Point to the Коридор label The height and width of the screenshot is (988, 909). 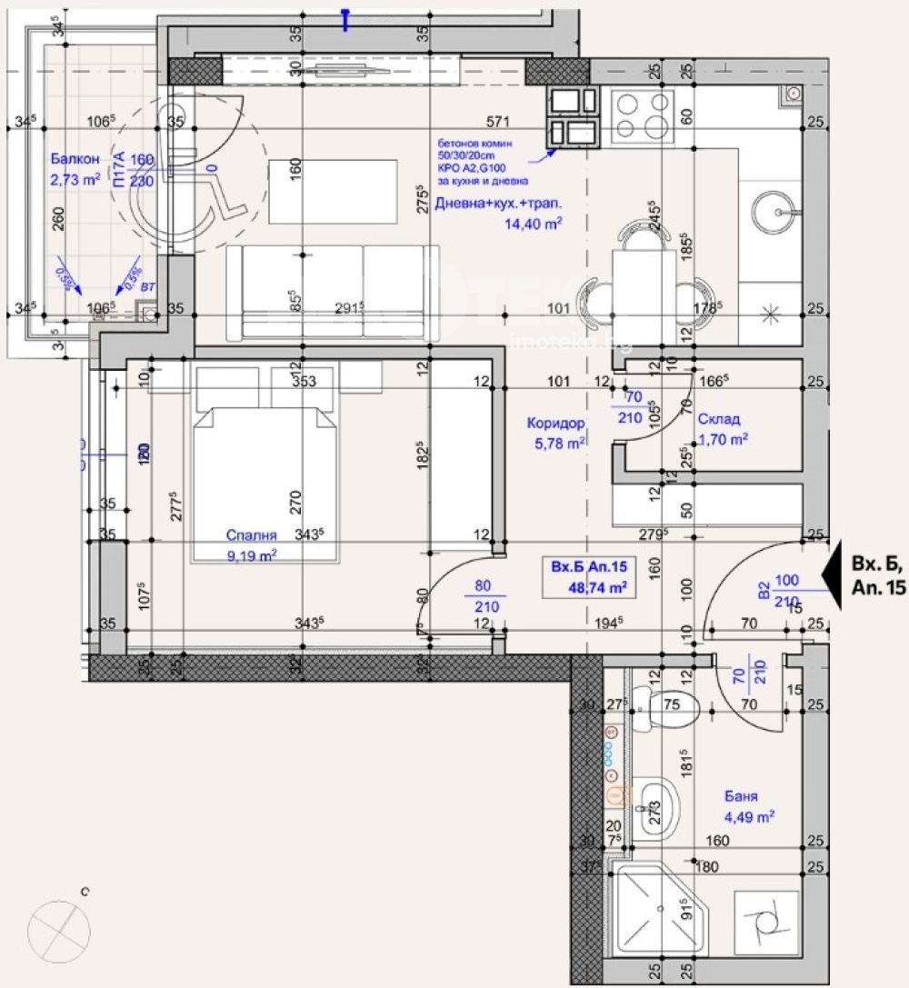click(x=555, y=423)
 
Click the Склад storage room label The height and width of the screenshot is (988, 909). click(x=719, y=419)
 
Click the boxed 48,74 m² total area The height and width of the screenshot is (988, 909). click(x=590, y=576)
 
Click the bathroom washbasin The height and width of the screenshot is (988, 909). click(x=656, y=804)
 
